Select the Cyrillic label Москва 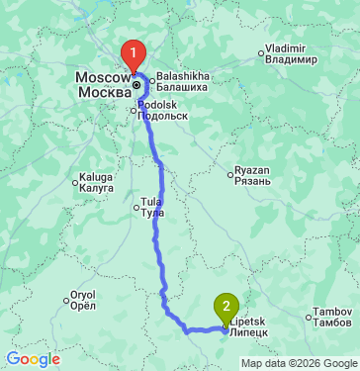pyautogui.click(x=103, y=92)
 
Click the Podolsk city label pyautogui.click(x=163, y=110)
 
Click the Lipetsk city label pyautogui.click(x=249, y=327)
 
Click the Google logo pyautogui.click(x=33, y=359)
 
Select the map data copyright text pyautogui.click(x=298, y=363)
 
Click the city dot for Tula pyautogui.click(x=136, y=207)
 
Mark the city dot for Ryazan pyautogui.click(x=230, y=174)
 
